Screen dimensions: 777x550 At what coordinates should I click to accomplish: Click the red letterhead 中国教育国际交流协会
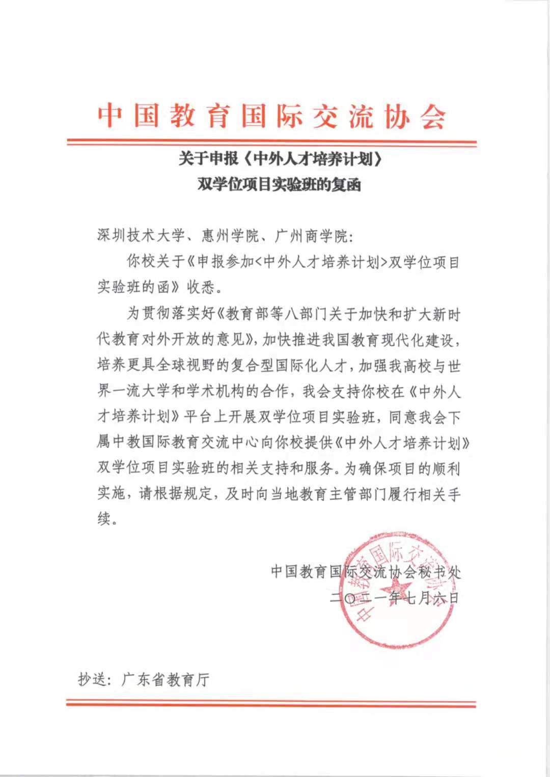click(272, 116)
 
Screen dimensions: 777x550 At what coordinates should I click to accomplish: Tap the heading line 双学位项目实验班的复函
click(279, 184)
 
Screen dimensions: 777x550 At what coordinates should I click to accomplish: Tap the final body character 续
click(104, 519)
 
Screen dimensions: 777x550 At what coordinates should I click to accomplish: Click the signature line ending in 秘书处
click(366, 572)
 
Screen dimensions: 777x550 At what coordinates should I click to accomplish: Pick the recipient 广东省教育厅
click(166, 679)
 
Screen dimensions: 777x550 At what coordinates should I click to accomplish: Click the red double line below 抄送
click(271, 704)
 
